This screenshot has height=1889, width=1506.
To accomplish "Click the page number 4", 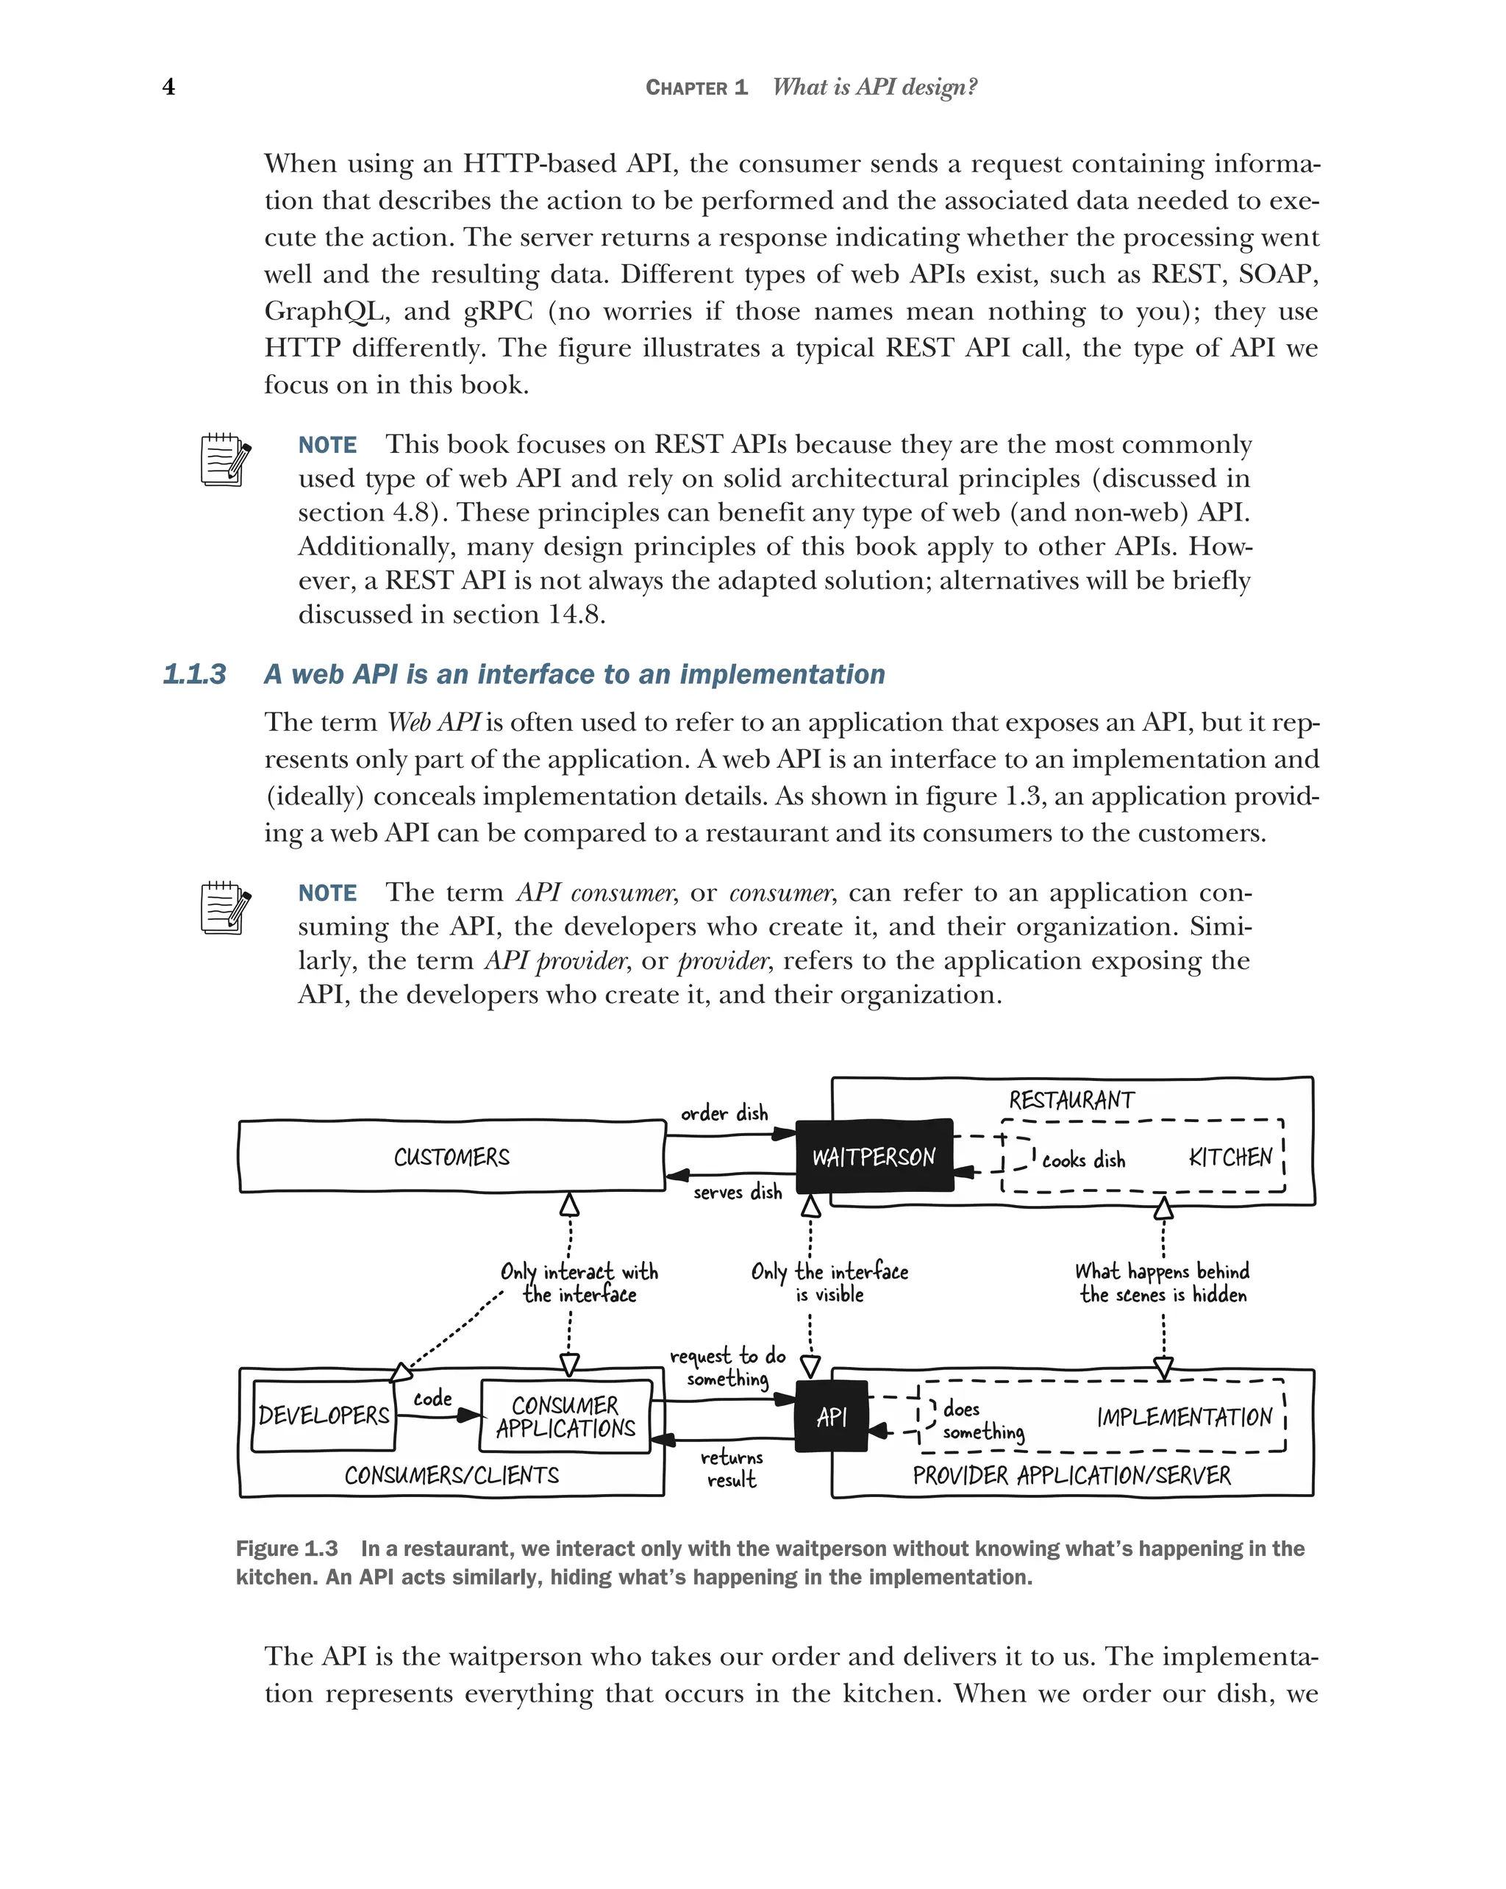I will tap(168, 87).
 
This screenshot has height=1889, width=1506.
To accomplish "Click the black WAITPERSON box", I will tap(873, 1157).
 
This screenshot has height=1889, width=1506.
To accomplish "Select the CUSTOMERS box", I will tap(452, 1157).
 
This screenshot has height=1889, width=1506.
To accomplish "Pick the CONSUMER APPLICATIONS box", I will tap(565, 1417).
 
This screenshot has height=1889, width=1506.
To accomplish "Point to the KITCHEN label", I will tap(1230, 1157).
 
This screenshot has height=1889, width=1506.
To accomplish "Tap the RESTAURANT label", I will tap(1071, 1099).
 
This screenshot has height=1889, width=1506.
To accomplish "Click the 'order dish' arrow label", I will tap(724, 1113).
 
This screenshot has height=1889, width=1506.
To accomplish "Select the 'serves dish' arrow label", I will tap(737, 1192).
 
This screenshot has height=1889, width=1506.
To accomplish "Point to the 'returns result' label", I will tap(731, 1468).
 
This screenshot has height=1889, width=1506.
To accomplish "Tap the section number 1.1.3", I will tap(193, 674).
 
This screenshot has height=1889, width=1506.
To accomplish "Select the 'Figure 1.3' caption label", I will tap(287, 1548).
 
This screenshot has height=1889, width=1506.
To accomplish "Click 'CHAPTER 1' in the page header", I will tap(696, 88).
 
